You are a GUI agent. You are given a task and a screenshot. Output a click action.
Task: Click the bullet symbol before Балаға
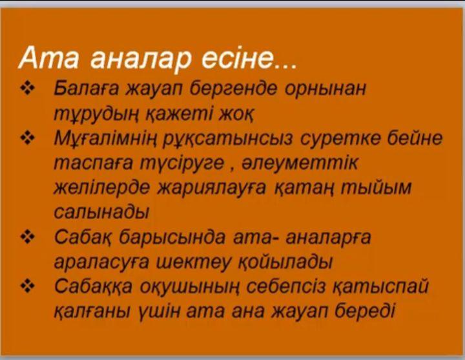pyautogui.click(x=27, y=88)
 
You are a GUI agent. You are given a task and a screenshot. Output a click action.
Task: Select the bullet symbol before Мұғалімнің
pyautogui.click(x=27, y=138)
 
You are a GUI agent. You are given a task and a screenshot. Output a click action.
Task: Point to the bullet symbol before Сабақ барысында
pyautogui.click(x=27, y=237)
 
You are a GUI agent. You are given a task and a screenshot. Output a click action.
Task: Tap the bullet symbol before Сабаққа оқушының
pyautogui.click(x=27, y=287)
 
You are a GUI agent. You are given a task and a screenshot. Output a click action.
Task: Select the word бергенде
pyautogui.click(x=233, y=89)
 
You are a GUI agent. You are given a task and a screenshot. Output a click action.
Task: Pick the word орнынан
pyautogui.click(x=325, y=89)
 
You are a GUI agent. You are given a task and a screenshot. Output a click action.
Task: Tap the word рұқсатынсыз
pyautogui.click(x=228, y=138)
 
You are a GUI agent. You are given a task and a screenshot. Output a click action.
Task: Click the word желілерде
pyautogui.click(x=101, y=188)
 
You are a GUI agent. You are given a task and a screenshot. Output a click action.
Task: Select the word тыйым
pyautogui.click(x=377, y=187)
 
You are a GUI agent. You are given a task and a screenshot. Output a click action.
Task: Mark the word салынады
pyautogui.click(x=101, y=212)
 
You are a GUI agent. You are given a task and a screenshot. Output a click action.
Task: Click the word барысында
pyautogui.click(x=172, y=238)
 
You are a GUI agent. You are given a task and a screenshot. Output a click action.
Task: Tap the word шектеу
pyautogui.click(x=193, y=262)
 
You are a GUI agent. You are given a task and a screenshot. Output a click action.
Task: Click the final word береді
pyautogui.click(x=365, y=312)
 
